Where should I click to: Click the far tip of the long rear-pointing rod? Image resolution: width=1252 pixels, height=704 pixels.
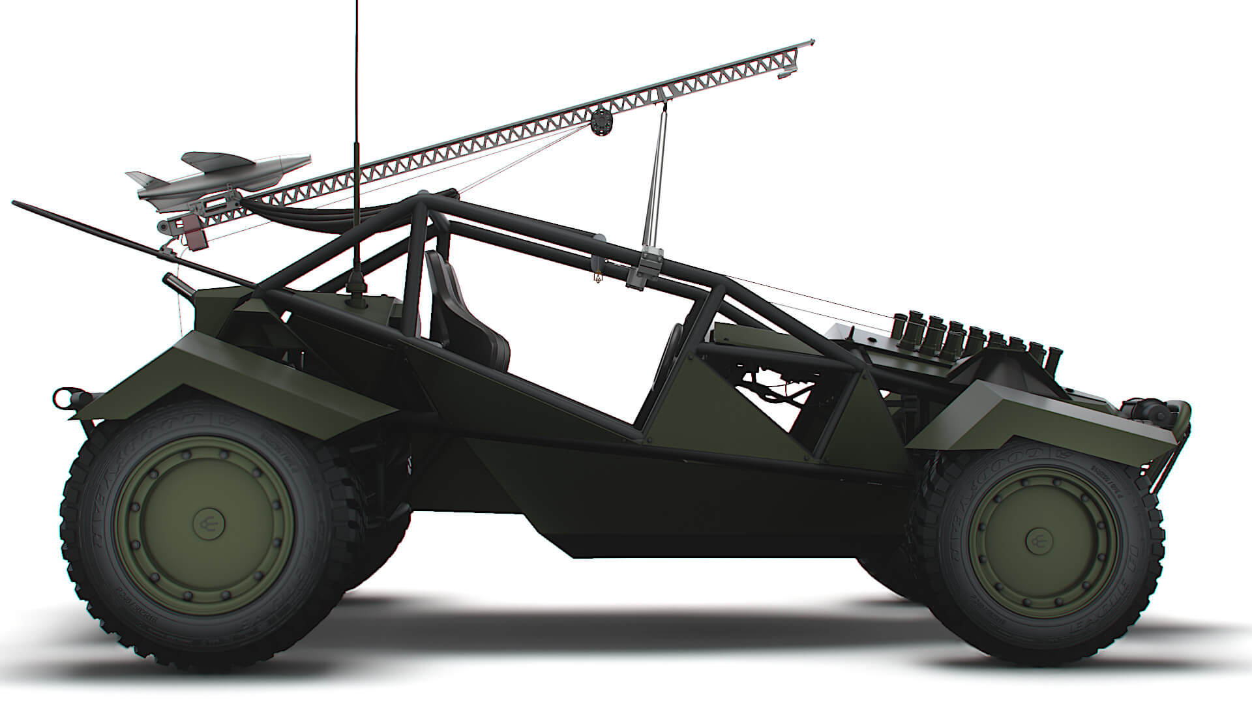coord(14,203)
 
